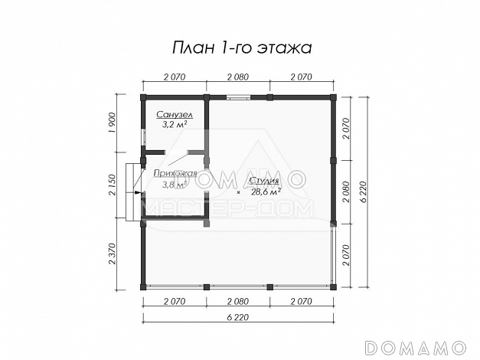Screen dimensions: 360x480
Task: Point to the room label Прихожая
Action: (175, 174)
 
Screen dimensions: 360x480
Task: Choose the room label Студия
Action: (263, 181)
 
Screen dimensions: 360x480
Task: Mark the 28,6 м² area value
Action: (265, 191)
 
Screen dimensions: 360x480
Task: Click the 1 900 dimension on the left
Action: (113, 123)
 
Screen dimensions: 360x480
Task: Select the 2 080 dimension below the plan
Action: (238, 301)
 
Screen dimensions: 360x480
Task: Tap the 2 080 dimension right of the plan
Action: (346, 191)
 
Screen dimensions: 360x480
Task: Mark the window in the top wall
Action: (237, 97)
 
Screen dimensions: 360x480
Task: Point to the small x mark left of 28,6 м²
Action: (239, 192)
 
